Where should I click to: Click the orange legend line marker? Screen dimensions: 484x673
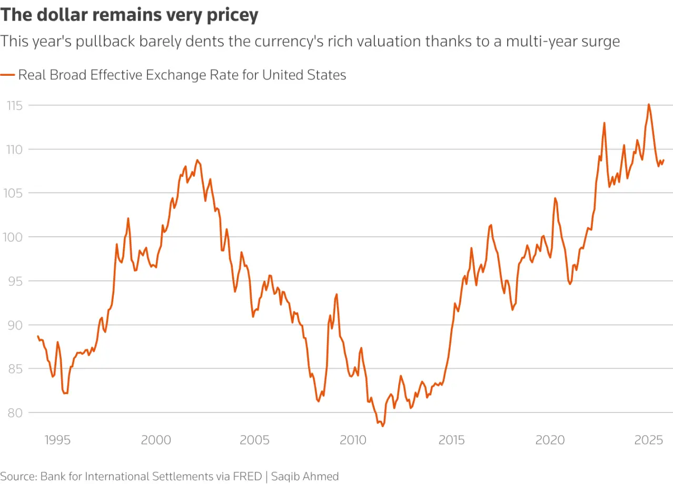click(x=8, y=75)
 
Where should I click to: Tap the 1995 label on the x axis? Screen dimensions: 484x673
click(x=57, y=440)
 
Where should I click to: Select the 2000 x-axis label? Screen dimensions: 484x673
click(x=156, y=440)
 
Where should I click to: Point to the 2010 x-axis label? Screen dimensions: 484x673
click(x=353, y=440)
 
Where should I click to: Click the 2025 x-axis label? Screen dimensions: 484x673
click(x=648, y=440)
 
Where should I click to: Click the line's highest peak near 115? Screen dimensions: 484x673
click(x=648, y=104)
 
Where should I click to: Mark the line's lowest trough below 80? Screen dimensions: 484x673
click(x=382, y=426)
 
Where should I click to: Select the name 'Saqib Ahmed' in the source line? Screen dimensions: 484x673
click(x=305, y=476)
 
